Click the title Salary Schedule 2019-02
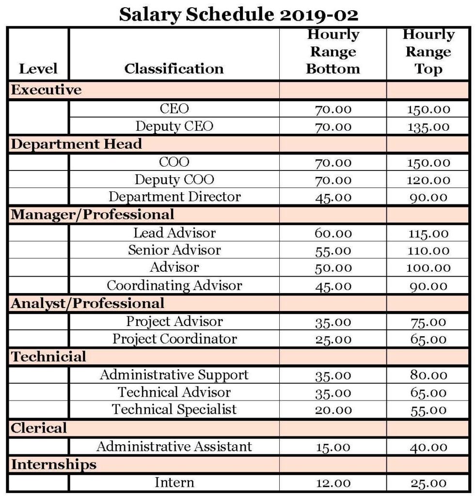point(238,15)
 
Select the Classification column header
point(174,69)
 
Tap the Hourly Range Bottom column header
point(333,52)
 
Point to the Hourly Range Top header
point(428,52)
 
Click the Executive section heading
point(47,90)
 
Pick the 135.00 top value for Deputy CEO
point(428,127)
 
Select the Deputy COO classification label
point(174,180)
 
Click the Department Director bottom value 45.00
point(333,198)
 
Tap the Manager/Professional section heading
point(92,214)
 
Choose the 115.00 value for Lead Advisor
point(428,233)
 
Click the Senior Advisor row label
point(174,250)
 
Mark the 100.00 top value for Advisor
point(428,268)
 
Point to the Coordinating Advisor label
point(174,285)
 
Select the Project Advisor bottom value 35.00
point(333,322)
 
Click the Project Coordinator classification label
point(174,339)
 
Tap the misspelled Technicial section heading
point(48,357)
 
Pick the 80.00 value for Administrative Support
point(428,375)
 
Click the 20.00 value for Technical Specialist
point(333,410)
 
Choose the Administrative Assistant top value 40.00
point(428,447)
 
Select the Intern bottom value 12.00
point(333,483)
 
